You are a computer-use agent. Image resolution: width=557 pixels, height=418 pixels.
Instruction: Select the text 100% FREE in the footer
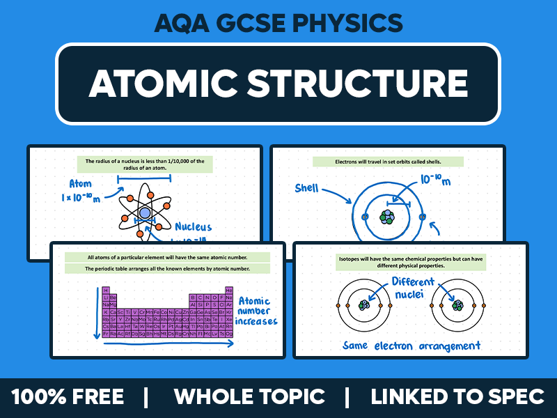click(x=68, y=397)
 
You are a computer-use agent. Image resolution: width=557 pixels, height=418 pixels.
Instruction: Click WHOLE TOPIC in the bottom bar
click(x=249, y=397)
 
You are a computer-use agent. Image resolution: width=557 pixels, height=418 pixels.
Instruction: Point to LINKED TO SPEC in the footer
click(x=457, y=397)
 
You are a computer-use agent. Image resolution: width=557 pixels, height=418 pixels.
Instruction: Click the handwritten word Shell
click(x=307, y=188)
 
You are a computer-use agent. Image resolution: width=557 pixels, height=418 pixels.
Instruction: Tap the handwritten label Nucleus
click(x=193, y=226)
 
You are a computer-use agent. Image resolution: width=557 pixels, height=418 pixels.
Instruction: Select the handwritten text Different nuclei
click(x=412, y=288)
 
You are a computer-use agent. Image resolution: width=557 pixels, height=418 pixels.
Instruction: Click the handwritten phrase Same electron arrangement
click(x=411, y=345)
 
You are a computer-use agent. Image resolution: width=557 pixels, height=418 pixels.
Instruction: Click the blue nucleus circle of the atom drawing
click(x=145, y=212)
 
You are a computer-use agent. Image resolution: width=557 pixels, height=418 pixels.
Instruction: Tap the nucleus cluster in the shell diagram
click(x=387, y=217)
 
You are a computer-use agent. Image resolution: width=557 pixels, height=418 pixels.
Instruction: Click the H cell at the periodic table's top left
click(x=106, y=290)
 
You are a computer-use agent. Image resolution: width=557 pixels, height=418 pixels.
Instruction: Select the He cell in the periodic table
click(x=229, y=290)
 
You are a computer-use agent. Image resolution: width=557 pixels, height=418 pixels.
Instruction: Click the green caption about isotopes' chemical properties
click(x=411, y=262)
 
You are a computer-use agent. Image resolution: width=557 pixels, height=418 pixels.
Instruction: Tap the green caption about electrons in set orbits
click(x=387, y=162)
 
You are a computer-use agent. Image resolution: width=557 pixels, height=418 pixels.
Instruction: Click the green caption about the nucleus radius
click(x=145, y=164)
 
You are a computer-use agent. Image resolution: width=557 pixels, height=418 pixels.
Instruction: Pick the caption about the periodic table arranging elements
click(x=167, y=268)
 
